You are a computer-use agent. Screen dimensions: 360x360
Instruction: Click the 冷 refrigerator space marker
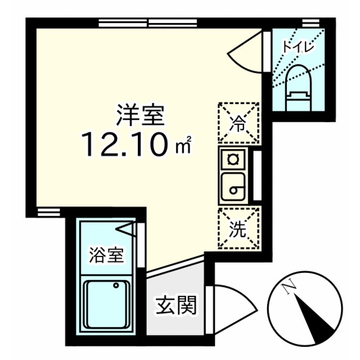[239, 123]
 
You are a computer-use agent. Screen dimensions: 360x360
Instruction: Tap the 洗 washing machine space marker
[239, 228]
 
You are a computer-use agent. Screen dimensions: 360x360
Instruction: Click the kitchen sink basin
[232, 187]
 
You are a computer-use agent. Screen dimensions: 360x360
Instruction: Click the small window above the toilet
[308, 22]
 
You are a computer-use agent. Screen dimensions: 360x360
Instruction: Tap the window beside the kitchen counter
[256, 174]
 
